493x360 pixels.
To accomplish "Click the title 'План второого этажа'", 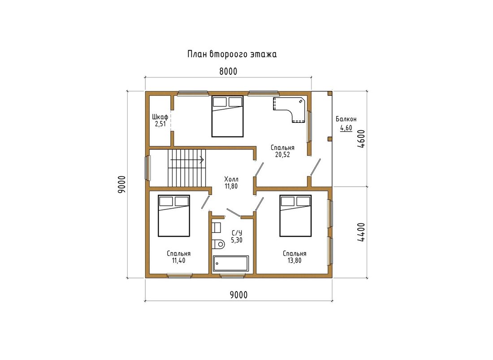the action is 232,54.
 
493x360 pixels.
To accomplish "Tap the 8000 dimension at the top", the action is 228,72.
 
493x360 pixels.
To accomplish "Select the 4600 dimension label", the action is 361,139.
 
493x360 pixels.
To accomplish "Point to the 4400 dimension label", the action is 361,232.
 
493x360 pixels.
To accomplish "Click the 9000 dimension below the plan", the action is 238,295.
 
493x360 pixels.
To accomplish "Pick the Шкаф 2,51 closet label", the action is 160,120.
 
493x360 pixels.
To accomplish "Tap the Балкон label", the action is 346,120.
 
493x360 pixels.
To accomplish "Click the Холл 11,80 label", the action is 231,183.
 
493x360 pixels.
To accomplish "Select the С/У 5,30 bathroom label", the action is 237,236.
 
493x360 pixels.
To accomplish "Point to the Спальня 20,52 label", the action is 282,151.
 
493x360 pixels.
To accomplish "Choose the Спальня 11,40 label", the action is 178,257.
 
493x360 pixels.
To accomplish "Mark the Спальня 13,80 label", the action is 294,257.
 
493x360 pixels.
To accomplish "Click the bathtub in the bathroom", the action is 231,264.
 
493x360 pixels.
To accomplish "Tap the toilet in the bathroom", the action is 218,244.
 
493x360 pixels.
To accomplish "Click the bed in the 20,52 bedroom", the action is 227,116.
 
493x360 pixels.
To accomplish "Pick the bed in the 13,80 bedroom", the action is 295,216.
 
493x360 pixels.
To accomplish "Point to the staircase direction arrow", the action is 187,160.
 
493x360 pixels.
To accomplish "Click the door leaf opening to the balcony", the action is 316,167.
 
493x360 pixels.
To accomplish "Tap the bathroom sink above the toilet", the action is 216,227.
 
